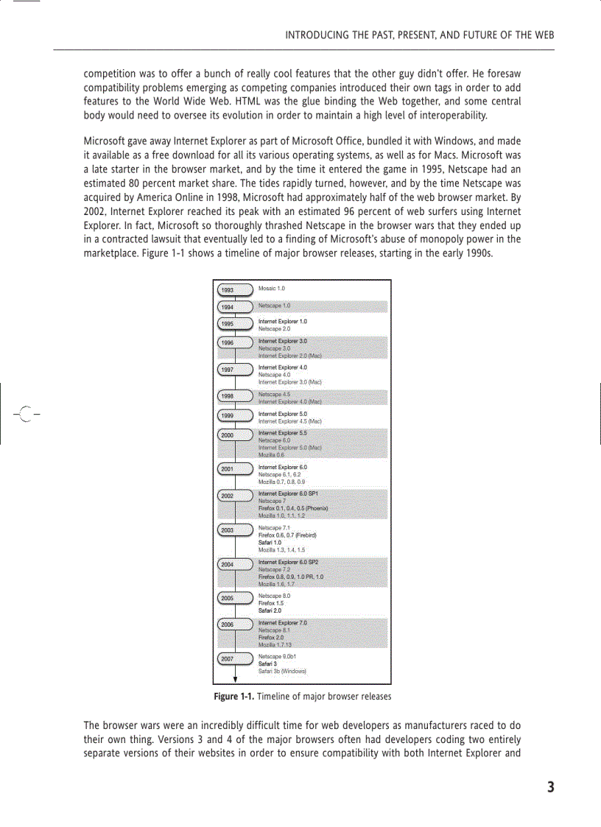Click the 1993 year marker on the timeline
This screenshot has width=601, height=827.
[x=235, y=290]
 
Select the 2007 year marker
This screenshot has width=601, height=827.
[x=235, y=658]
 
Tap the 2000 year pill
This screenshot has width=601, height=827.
[x=235, y=435]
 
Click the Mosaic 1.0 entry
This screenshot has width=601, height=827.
[x=272, y=289]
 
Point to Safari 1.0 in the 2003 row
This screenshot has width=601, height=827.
[x=270, y=542]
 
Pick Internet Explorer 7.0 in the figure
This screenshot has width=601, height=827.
[x=283, y=623]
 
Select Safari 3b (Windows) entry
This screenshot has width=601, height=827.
[x=282, y=671]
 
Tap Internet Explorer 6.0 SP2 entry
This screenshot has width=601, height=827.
[x=288, y=562]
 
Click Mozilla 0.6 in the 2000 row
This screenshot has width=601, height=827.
[x=271, y=455]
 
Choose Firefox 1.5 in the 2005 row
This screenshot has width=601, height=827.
[x=270, y=603]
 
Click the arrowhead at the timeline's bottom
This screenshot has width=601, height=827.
[x=235, y=679]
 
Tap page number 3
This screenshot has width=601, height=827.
[x=550, y=787]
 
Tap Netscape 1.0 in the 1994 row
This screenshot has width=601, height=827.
[x=274, y=305]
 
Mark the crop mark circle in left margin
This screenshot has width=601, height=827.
[x=25, y=414]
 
